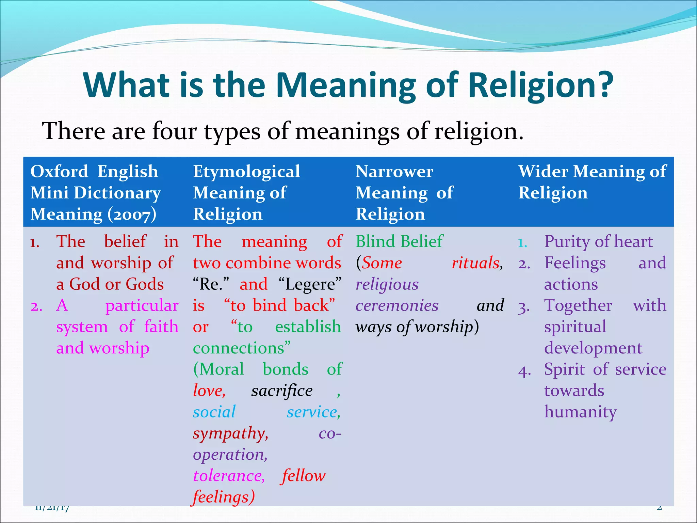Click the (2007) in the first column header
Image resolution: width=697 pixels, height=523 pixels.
pos(132,215)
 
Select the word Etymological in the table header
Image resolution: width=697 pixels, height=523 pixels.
pos(246,172)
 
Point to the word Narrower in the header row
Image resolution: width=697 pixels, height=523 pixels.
pos(394,171)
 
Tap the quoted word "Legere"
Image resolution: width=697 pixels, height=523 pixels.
pos(310,284)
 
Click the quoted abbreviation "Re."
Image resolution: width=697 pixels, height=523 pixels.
pos(211,284)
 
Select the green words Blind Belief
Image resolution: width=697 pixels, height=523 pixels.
pos(399,241)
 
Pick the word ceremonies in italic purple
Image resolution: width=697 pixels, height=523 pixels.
pos(397,305)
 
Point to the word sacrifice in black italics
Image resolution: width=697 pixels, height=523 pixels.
pos(282,391)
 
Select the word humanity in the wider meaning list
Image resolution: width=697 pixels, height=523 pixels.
pos(580,412)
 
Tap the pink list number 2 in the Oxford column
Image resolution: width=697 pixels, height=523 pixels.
pos(36,306)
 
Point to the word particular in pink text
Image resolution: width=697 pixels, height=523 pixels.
pos(142,305)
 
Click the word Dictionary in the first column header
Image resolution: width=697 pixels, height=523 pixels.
pos(117,193)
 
